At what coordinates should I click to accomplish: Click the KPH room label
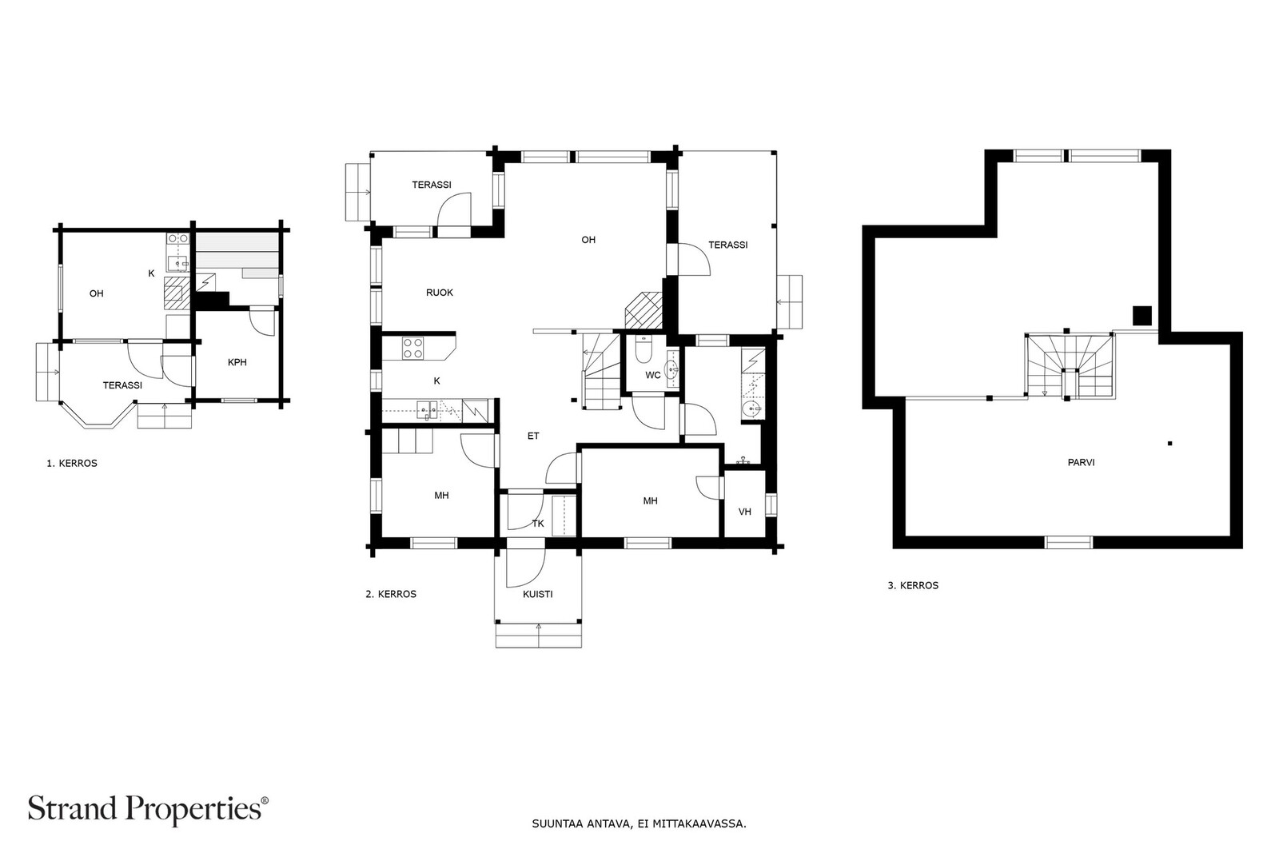[x=237, y=362]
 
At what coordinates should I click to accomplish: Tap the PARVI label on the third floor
[x=1081, y=462]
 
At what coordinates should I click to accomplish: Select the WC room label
[x=652, y=375]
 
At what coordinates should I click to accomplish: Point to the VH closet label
[x=744, y=512]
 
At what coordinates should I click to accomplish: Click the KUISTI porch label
[x=537, y=594]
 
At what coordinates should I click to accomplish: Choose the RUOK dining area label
[x=439, y=293]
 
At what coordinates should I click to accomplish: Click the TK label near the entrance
[x=538, y=523]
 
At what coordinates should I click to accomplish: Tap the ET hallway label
[x=532, y=436]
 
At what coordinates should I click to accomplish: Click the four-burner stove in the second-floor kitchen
[x=412, y=349]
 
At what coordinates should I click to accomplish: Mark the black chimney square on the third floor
[x=1142, y=315]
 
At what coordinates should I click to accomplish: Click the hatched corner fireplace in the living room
[x=643, y=311]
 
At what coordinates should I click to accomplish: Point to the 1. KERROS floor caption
[x=72, y=463]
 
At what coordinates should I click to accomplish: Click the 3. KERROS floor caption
[x=913, y=585]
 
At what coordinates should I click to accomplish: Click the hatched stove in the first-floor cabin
[x=177, y=293]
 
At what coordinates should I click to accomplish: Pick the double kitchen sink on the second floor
[x=427, y=410]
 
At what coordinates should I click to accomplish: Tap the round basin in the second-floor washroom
[x=752, y=409]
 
